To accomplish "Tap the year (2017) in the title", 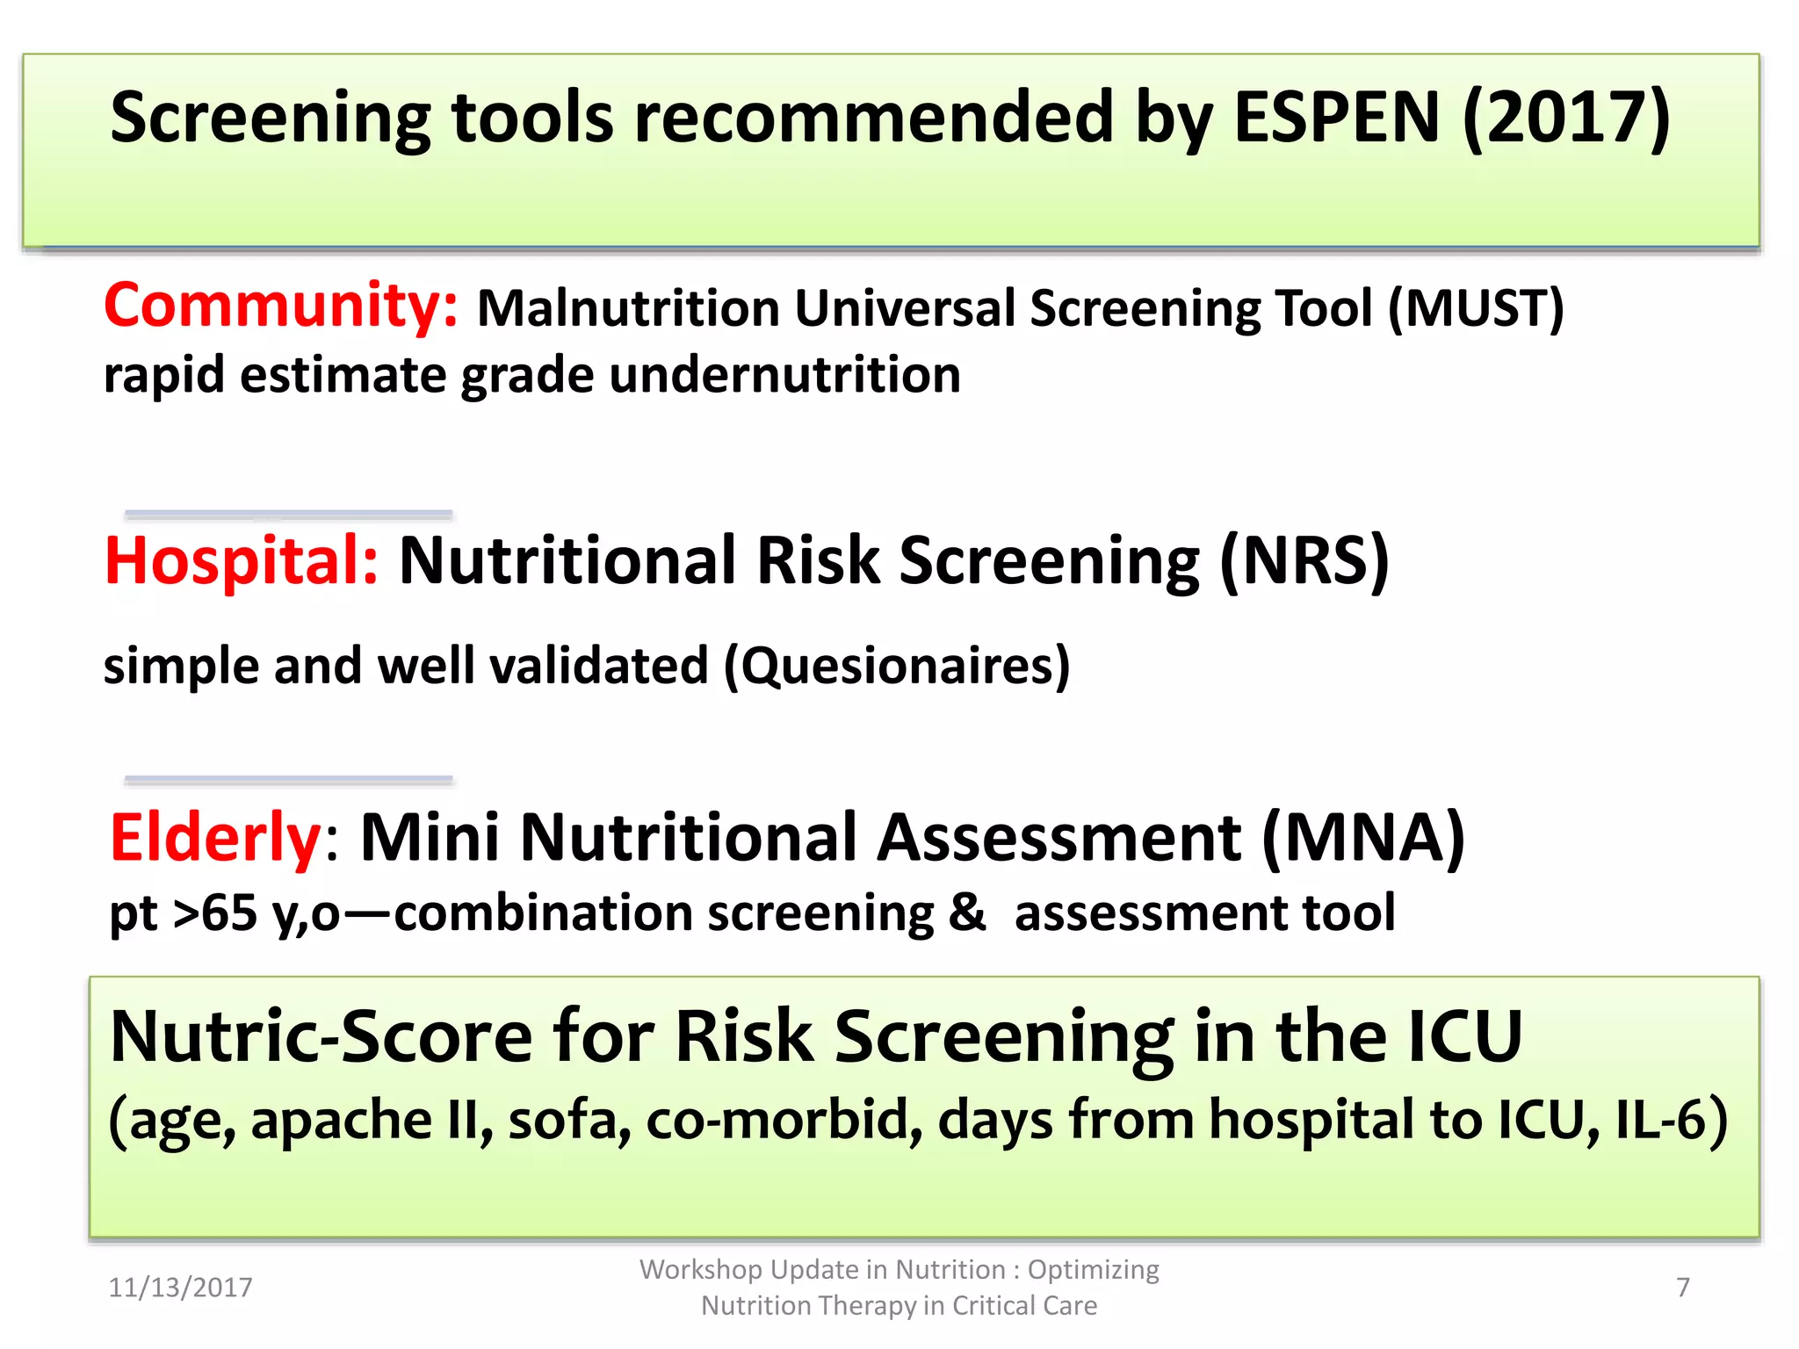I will point(1565,118).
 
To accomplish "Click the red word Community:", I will point(280,306).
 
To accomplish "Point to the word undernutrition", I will point(784,376).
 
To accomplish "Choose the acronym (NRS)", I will point(1304,560).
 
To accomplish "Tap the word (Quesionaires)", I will point(897,666).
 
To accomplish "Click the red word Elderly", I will point(216,838).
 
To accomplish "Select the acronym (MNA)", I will point(1363,838).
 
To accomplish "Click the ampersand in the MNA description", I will point(967,913).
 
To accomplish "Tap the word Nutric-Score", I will point(322,1036).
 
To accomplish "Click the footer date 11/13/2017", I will point(180,1288).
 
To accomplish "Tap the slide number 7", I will point(1682,1288).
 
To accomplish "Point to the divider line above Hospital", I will point(288,514).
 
